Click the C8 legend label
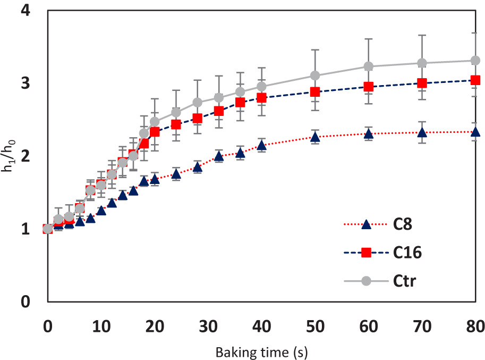[403, 225]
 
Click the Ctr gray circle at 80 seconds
[475, 61]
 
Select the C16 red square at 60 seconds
[368, 87]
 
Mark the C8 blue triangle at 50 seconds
[315, 137]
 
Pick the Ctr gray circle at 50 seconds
[315, 76]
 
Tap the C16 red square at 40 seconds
[261, 98]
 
